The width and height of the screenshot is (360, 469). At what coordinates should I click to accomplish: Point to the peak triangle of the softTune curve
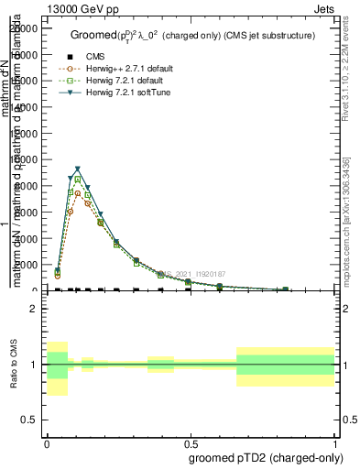coord(78,169)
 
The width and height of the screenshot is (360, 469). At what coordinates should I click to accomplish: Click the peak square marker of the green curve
coord(78,179)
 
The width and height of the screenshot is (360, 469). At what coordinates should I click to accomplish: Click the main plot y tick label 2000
coord(25,265)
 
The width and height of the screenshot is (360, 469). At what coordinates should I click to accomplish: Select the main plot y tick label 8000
coord(25,186)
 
